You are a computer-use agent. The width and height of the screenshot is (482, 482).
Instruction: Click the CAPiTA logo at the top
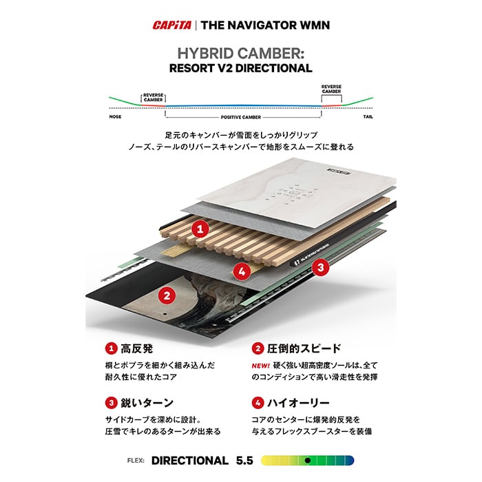(x=172, y=25)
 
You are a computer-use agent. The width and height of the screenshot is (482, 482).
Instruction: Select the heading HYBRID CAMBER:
(x=241, y=54)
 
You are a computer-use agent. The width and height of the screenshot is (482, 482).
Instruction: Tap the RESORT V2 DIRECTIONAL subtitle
(x=241, y=68)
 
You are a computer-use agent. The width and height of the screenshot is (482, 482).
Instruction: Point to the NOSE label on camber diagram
(x=115, y=117)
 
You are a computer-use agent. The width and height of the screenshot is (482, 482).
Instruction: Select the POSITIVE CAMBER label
(x=241, y=118)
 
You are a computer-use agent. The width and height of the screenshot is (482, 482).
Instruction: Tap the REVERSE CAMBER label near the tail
(x=331, y=89)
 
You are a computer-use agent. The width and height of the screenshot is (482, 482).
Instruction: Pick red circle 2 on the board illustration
(x=164, y=296)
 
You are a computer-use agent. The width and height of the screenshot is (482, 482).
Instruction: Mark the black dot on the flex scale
(x=308, y=460)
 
